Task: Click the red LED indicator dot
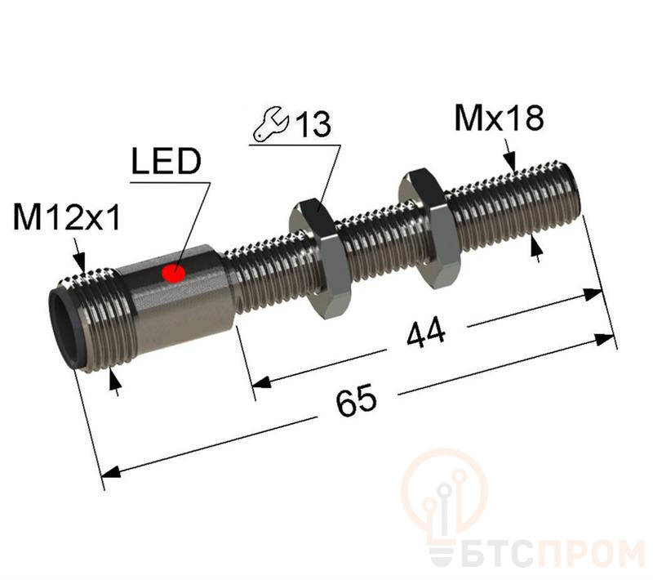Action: coord(173,274)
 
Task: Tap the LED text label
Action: coord(167,161)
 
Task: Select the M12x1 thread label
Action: coord(67,217)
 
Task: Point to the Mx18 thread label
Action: coord(499,118)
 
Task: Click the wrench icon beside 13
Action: coord(271,125)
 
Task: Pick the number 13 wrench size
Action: coord(313,124)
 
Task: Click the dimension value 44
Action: coord(425,333)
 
